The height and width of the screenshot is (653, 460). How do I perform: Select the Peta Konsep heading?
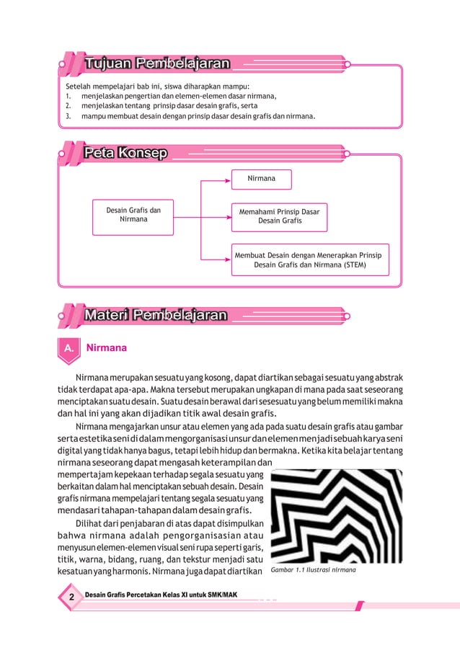click(126, 153)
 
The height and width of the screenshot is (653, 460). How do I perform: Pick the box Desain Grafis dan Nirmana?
click(133, 216)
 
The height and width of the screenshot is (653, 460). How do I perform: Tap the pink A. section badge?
click(68, 347)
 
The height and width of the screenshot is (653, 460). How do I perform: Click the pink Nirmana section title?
click(106, 347)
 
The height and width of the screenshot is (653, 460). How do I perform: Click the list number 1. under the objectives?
click(68, 94)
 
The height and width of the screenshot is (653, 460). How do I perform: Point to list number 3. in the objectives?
click(68, 115)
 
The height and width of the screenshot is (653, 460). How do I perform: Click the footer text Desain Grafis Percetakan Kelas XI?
click(162, 595)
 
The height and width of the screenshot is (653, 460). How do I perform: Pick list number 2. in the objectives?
click(68, 105)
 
